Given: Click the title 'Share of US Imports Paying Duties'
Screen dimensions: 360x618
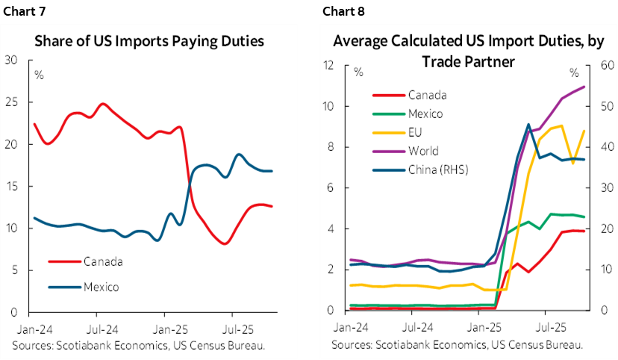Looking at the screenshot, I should tap(149, 41).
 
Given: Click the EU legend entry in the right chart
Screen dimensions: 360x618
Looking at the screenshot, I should tap(416, 132).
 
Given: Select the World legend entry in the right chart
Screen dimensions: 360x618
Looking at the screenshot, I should tap(422, 151).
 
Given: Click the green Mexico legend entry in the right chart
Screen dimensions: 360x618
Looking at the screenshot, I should tap(425, 114).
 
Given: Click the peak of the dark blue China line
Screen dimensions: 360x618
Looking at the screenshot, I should tap(528, 125).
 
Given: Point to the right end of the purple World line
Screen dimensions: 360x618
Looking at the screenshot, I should tap(584, 87).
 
